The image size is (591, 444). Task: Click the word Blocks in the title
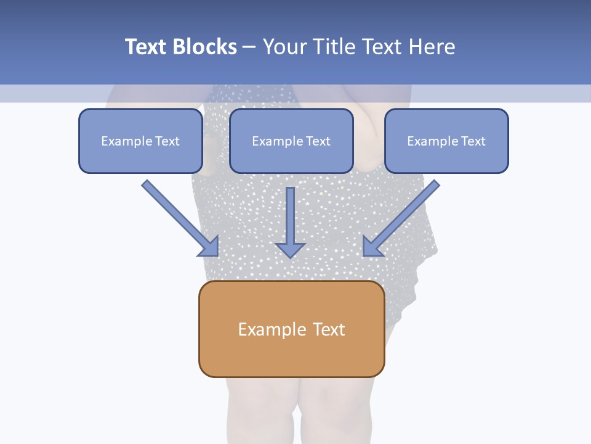205,47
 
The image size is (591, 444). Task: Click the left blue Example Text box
140,141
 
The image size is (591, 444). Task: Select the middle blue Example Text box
291,141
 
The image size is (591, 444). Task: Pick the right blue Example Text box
446,141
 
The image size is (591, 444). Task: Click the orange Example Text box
292,329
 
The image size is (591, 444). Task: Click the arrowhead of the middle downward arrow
290,249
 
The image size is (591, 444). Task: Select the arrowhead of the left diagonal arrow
209,246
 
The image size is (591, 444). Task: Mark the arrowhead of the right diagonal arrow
372,246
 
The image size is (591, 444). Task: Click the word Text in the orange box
329,329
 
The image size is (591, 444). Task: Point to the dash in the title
249,47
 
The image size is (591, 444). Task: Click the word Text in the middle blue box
318,141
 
